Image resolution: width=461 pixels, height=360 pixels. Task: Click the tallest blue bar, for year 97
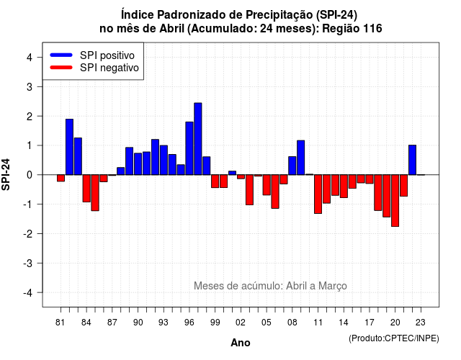pyautogui.click(x=198, y=139)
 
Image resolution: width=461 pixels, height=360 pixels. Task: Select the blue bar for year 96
pyautogui.click(x=189, y=148)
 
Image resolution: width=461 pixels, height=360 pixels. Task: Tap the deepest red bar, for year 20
pyautogui.click(x=395, y=201)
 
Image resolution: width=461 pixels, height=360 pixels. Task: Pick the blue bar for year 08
pyautogui.click(x=292, y=166)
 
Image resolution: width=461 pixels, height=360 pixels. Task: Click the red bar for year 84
pyautogui.click(x=86, y=189)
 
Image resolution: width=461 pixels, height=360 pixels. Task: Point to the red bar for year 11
pyautogui.click(x=318, y=194)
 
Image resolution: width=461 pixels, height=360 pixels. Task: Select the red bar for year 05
pyautogui.click(x=267, y=185)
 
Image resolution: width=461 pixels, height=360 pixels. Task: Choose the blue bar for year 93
pyautogui.click(x=164, y=160)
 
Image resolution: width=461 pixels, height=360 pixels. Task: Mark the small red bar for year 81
pyautogui.click(x=61, y=178)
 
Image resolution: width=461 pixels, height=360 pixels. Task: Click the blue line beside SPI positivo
pyautogui.click(x=61, y=55)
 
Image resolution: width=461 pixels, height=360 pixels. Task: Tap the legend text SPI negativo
pyautogui.click(x=109, y=68)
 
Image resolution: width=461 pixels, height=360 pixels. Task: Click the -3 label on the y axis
pyautogui.click(x=28, y=264)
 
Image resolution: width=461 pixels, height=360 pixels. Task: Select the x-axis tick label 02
pyautogui.click(x=241, y=323)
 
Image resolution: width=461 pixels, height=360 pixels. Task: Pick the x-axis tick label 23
pyautogui.click(x=421, y=323)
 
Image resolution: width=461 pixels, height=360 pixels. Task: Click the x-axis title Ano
pyautogui.click(x=241, y=343)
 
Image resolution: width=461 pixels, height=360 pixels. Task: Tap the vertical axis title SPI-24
pyautogui.click(x=6, y=174)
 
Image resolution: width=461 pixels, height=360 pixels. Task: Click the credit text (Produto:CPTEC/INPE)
pyautogui.click(x=394, y=338)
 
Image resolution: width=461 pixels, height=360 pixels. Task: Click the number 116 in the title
pyautogui.click(x=372, y=29)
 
